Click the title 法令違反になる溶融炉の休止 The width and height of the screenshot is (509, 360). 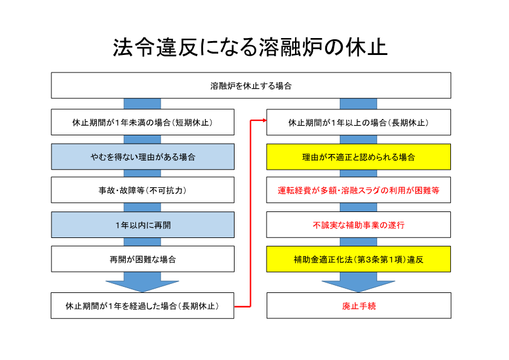click(x=250, y=47)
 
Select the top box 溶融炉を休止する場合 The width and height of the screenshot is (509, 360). click(x=251, y=85)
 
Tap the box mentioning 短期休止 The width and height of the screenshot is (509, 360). click(x=143, y=122)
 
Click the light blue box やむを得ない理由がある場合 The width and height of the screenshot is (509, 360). click(x=143, y=157)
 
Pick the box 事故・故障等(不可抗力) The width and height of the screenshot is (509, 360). click(x=143, y=190)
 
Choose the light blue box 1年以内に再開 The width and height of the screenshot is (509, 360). click(x=143, y=225)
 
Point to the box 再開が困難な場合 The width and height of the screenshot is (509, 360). click(x=143, y=259)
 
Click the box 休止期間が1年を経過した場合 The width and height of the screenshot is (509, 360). click(x=143, y=306)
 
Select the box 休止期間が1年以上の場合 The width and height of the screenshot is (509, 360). click(x=358, y=122)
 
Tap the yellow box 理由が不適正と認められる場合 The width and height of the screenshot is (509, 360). click(x=358, y=157)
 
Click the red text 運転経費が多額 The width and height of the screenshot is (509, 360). click(x=306, y=190)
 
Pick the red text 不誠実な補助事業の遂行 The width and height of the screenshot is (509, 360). click(x=358, y=225)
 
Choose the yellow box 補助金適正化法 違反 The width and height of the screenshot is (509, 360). click(x=358, y=259)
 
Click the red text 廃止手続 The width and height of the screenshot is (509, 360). click(x=359, y=306)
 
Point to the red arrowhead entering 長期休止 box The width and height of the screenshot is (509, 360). click(x=265, y=120)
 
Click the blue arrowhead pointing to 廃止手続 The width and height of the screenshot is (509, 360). click(x=358, y=286)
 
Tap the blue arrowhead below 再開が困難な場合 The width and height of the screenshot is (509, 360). click(x=142, y=286)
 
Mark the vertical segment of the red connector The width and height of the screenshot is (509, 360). click(x=250, y=213)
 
